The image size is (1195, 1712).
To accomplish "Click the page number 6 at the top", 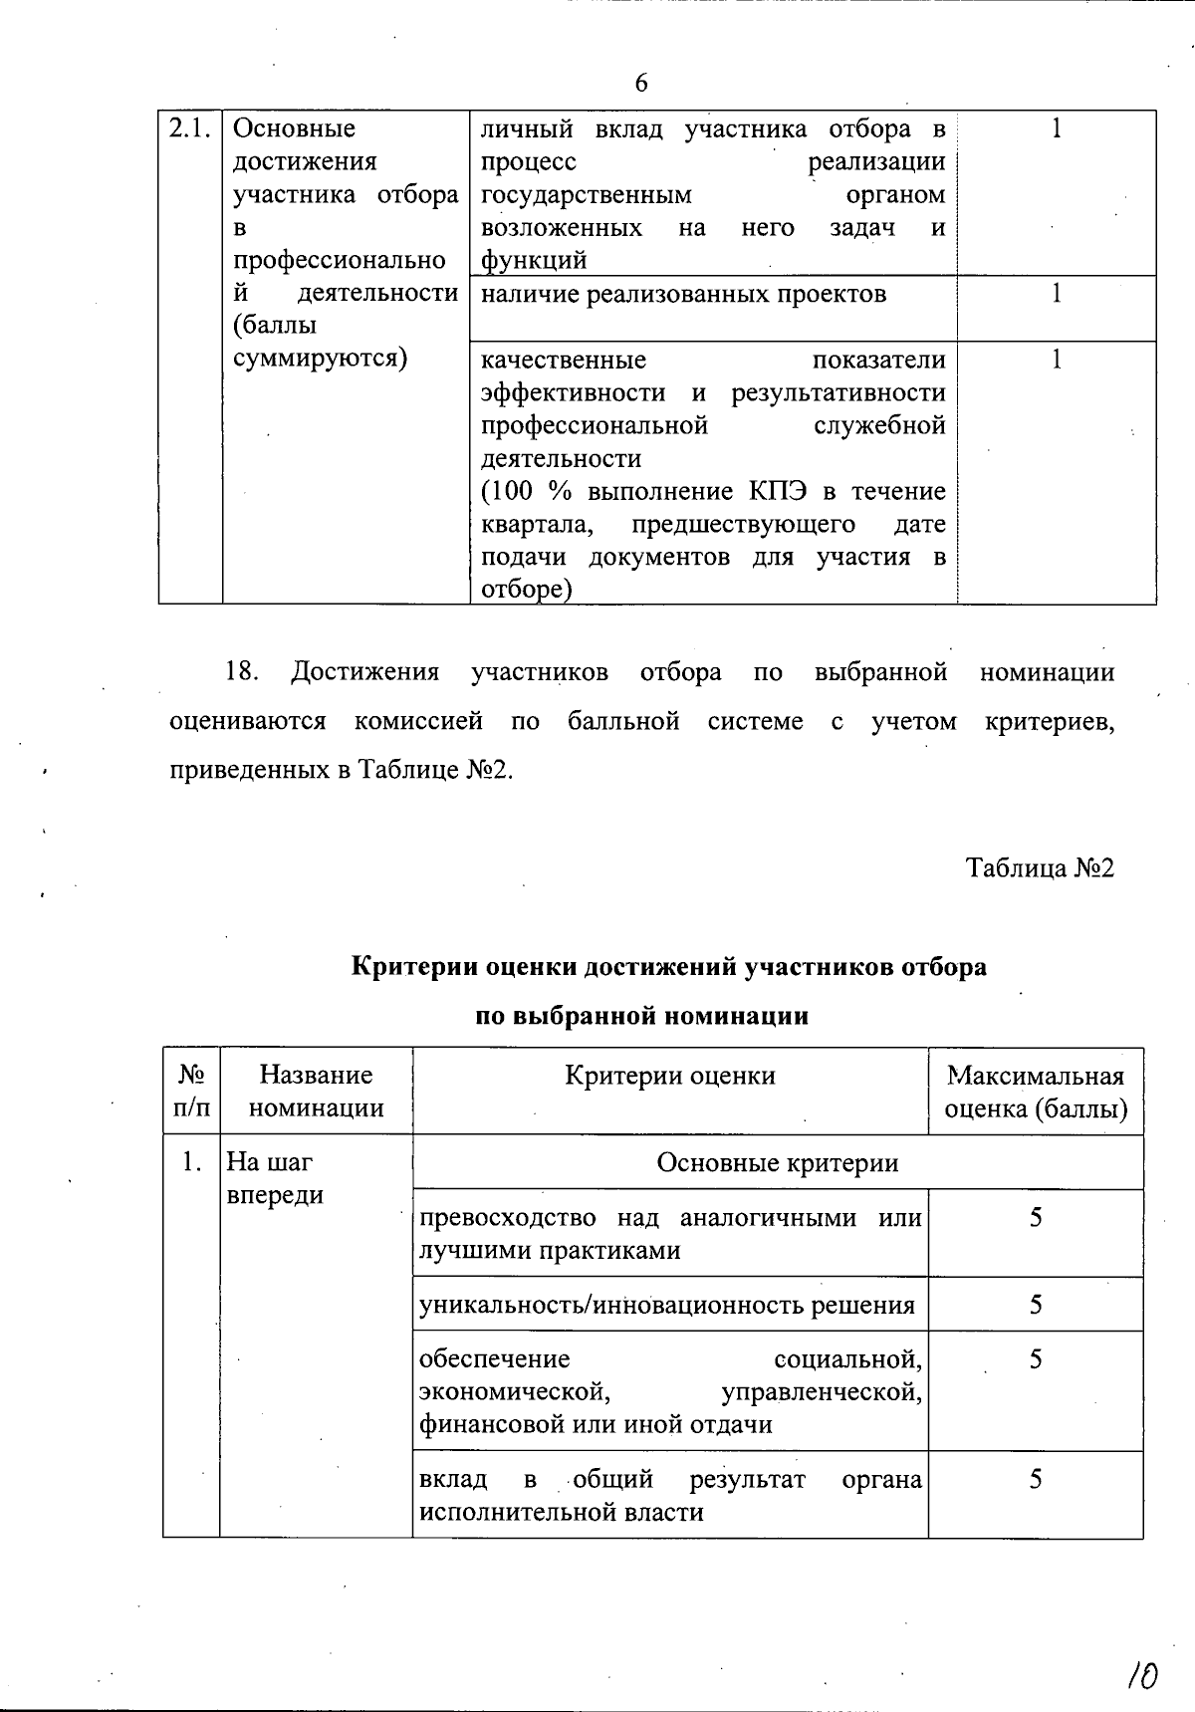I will click(x=641, y=84).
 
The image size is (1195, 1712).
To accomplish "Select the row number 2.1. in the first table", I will click(x=190, y=128).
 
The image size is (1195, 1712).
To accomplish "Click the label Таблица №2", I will click(x=1041, y=868).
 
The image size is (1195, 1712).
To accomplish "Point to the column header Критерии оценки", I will click(x=669, y=1075).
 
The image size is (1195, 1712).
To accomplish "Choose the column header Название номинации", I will click(x=316, y=1091).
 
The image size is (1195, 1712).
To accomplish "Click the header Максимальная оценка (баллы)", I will click(x=1036, y=1091).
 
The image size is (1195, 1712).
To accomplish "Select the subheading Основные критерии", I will click(x=777, y=1162).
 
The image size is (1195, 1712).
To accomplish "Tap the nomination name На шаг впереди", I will click(x=275, y=1178).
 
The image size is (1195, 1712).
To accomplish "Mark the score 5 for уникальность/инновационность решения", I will click(x=1036, y=1304).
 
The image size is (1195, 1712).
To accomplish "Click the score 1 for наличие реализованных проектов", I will click(x=1057, y=293).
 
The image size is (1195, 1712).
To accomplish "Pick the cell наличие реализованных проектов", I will click(x=683, y=294).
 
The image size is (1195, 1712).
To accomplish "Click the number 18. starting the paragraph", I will click(x=242, y=672).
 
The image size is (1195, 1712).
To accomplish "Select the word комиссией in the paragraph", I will click(x=418, y=721).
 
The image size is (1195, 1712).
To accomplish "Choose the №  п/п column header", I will click(x=191, y=1091).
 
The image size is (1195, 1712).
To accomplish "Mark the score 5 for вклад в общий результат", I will click(x=1036, y=1479).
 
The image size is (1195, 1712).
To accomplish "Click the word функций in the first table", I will click(x=534, y=261).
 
